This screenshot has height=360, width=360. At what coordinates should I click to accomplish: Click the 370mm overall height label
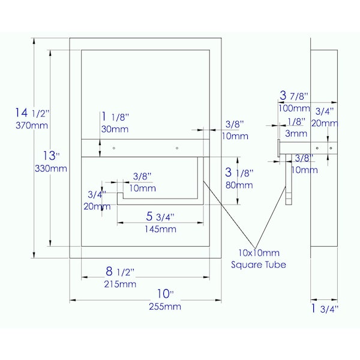(32, 125)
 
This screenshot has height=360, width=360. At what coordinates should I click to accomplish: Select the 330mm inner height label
(51, 169)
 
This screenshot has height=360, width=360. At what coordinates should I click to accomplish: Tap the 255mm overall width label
(165, 307)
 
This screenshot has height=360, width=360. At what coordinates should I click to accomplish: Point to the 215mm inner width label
(120, 284)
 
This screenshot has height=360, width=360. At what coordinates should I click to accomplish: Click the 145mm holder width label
(160, 229)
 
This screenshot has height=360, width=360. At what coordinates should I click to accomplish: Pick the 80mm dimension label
(239, 185)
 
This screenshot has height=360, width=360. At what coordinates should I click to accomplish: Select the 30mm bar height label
(115, 129)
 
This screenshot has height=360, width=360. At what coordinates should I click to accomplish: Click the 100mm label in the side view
(294, 109)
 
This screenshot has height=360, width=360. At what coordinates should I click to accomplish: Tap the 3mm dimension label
(296, 133)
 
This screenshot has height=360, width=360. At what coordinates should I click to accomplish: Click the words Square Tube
(259, 265)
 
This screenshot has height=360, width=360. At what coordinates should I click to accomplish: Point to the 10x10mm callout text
(259, 253)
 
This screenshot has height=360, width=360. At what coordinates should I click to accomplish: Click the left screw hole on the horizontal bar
(114, 148)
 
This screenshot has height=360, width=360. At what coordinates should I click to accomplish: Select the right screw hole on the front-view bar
(177, 148)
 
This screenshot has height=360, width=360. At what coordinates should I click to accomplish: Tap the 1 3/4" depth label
(325, 308)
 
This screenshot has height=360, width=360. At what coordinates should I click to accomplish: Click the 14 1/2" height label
(32, 113)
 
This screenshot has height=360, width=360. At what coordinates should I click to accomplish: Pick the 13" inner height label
(52, 156)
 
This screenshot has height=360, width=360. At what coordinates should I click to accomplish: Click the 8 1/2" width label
(119, 272)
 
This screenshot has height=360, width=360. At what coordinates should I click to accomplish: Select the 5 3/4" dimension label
(160, 217)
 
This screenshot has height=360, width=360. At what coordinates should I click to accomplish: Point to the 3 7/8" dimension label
(293, 95)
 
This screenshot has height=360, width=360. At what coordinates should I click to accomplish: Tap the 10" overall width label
(166, 294)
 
